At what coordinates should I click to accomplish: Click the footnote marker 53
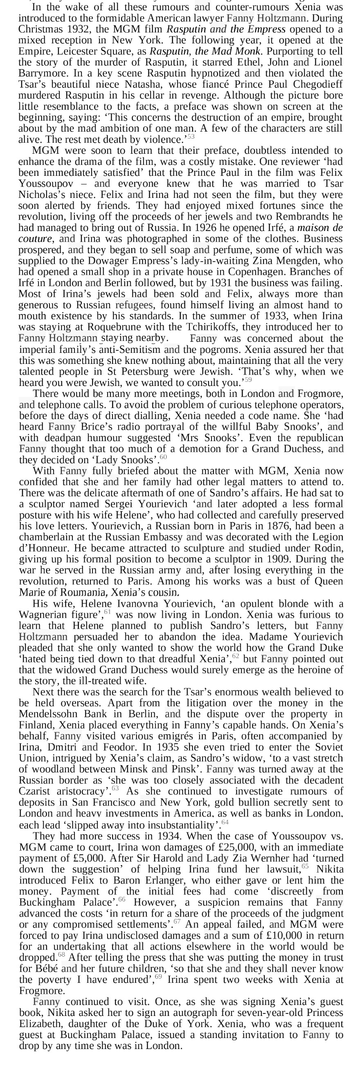[191, 136]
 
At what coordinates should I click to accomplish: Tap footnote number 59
[248, 379]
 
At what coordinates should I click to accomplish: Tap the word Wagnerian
[43, 615]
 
